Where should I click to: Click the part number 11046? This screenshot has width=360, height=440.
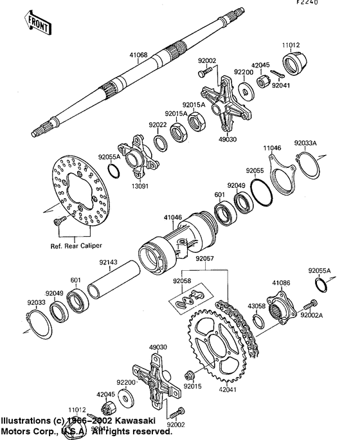pos(272,147)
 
